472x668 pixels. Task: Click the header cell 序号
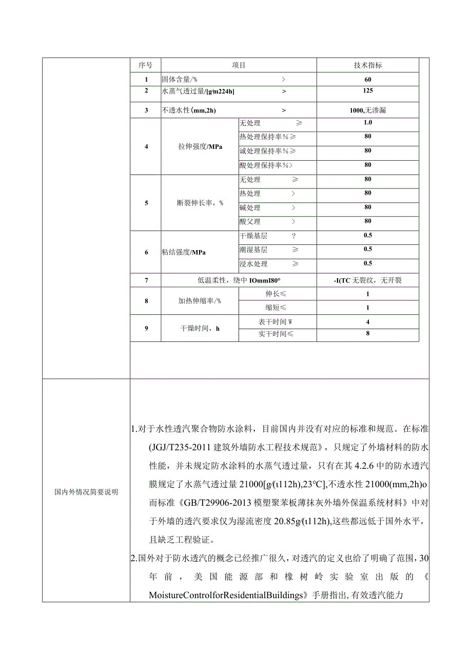[x=145, y=65]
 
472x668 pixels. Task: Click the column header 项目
[x=239, y=65]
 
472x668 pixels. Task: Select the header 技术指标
[x=367, y=65]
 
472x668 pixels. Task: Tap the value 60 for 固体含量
[x=367, y=80]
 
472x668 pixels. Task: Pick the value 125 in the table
[x=367, y=91]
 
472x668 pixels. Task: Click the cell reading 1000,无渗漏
[x=367, y=110]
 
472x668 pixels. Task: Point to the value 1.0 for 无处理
[x=367, y=123]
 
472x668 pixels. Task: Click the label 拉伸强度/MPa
[x=200, y=146]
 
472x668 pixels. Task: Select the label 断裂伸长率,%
[x=200, y=203]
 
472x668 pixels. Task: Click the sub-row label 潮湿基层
[x=253, y=250]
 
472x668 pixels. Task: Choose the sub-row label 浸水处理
[x=253, y=264]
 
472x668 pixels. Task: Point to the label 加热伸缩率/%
[x=200, y=301]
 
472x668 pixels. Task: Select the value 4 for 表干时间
[x=367, y=322]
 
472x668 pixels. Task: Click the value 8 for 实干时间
[x=367, y=334]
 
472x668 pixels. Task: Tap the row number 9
[x=146, y=328]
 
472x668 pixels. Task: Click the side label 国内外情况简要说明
[x=86, y=491]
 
